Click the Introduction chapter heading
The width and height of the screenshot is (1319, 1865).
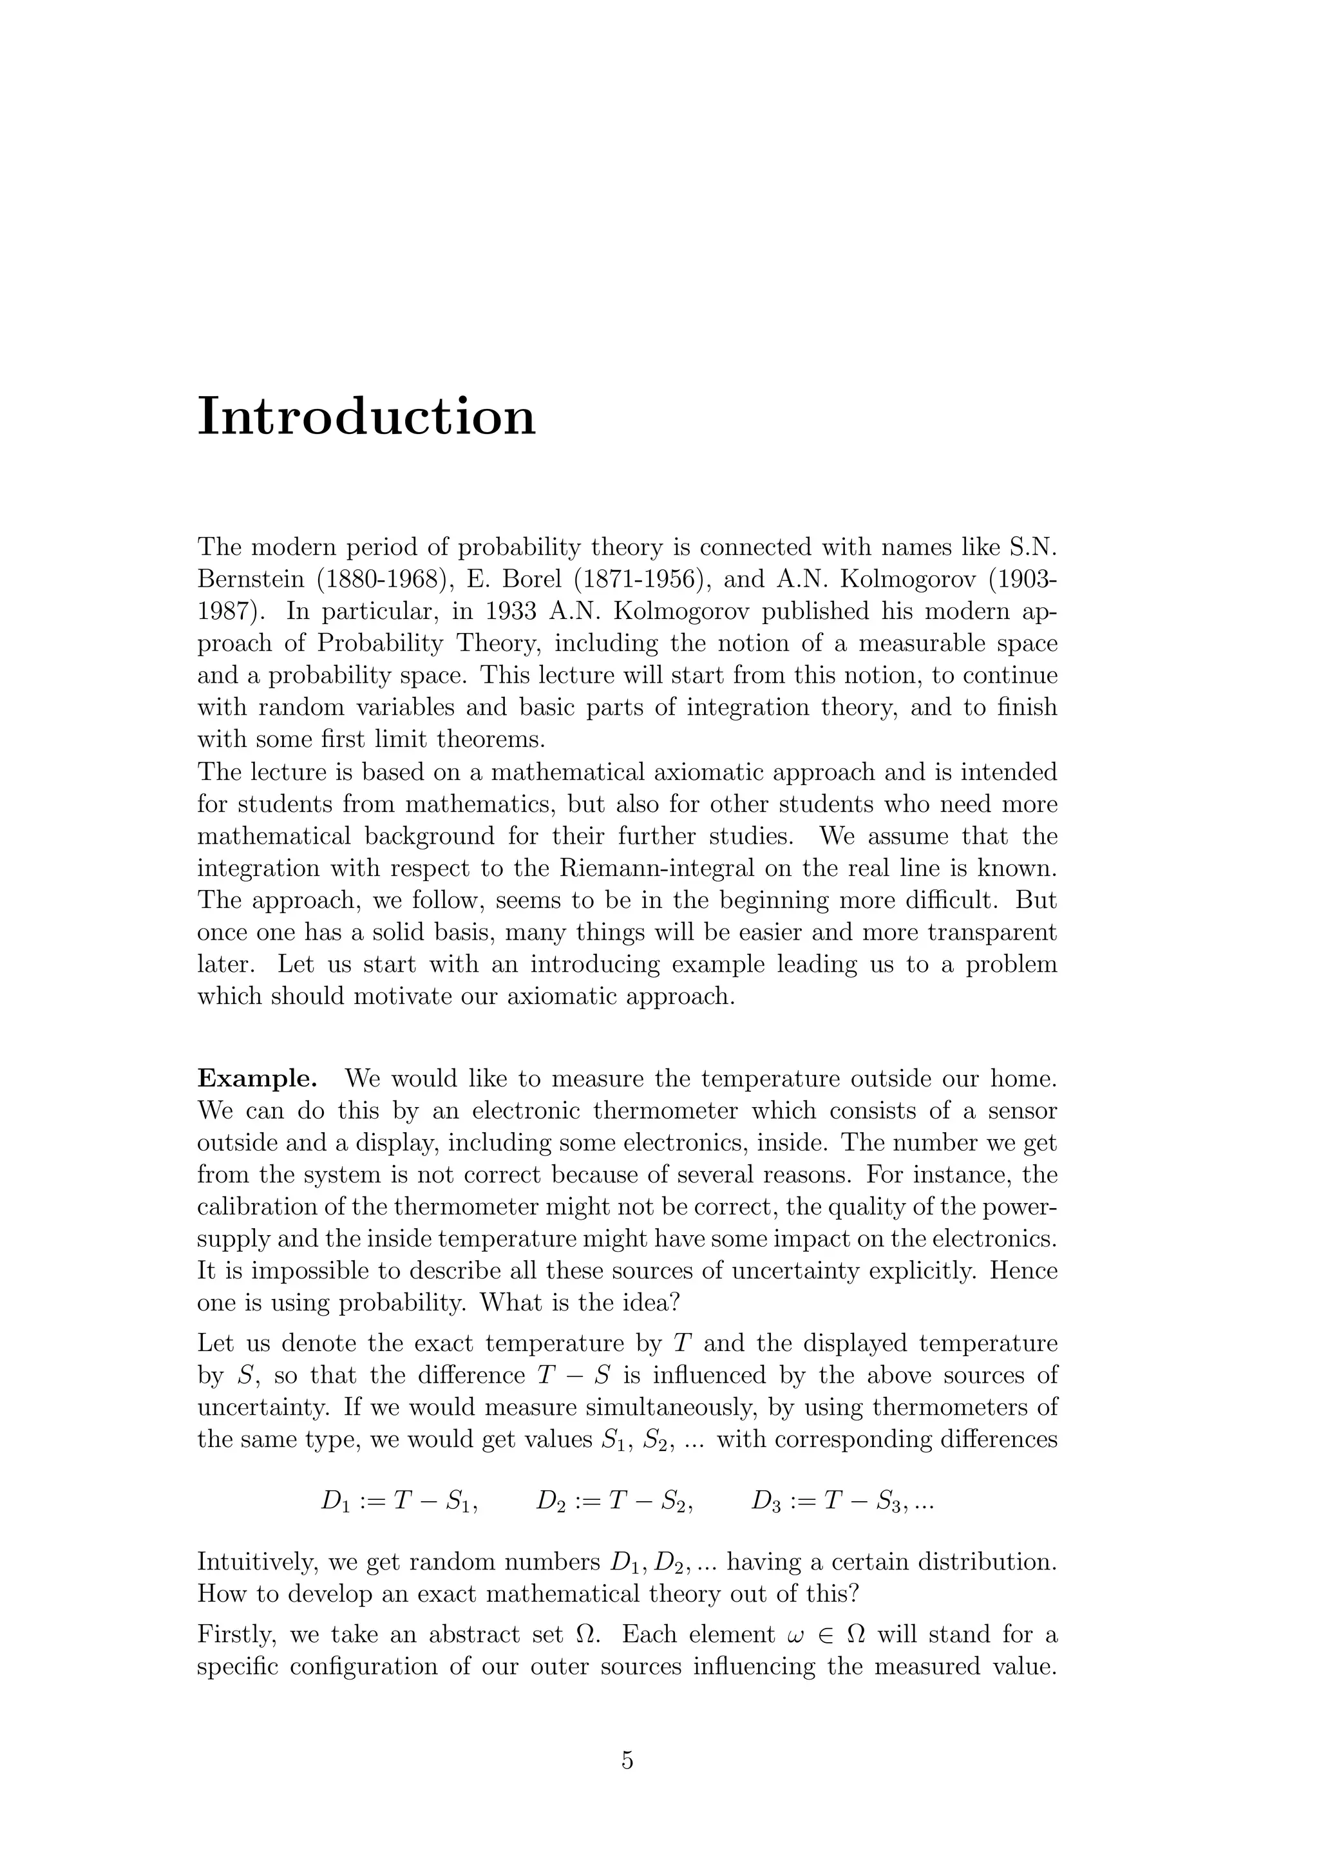[x=366, y=417]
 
